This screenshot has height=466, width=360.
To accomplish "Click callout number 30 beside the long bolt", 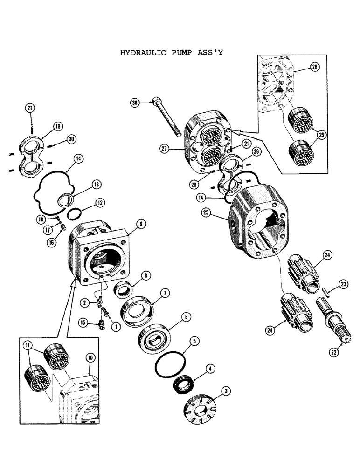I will click(135, 103).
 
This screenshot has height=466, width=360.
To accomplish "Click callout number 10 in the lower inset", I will click(90, 358).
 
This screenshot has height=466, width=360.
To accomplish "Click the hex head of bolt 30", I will click(156, 102).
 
